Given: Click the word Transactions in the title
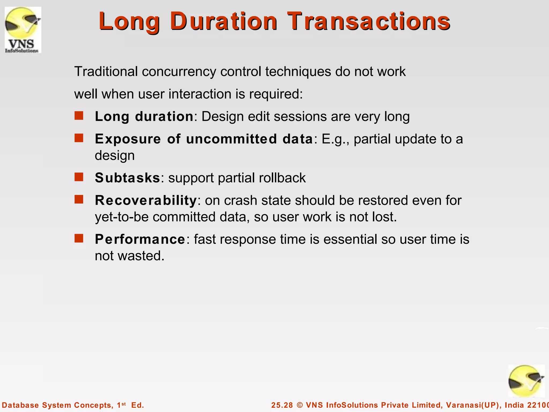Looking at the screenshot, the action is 369,21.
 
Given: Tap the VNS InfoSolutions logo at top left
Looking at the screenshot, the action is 23,30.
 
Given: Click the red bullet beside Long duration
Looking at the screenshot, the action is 79,116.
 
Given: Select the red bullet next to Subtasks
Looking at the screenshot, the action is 79,177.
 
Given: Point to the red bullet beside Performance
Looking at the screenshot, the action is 79,238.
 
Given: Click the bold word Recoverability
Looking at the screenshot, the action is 146,200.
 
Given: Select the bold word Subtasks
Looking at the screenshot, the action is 128,178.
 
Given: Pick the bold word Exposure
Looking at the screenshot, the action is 128,139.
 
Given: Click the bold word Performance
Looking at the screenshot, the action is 140,239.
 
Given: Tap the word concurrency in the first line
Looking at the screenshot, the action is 179,72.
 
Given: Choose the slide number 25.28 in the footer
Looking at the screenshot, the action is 282,405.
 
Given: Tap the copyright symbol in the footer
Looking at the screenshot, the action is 300,405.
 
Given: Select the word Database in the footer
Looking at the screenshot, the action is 20,405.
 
